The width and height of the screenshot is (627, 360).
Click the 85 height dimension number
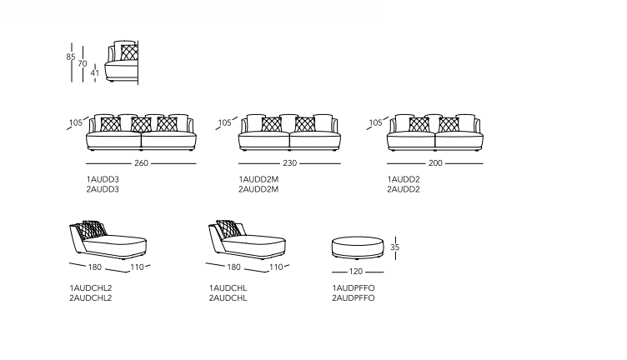(x=71, y=57)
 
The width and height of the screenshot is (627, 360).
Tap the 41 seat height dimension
(x=95, y=73)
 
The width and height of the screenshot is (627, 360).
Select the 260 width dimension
(x=141, y=163)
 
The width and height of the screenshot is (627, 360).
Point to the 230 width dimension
(x=290, y=163)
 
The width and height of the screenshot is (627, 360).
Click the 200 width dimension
(x=435, y=163)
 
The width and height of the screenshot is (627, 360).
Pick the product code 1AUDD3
(x=103, y=179)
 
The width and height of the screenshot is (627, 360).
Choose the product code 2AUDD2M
(x=258, y=189)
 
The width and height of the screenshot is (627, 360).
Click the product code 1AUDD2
(x=404, y=179)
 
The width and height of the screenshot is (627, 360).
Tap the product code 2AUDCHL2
(x=91, y=298)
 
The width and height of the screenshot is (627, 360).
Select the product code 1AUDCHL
(x=228, y=288)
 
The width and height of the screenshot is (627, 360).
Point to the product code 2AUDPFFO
(x=354, y=298)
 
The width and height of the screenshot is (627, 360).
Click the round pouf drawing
(x=358, y=247)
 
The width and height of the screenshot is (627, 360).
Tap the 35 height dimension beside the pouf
(x=395, y=247)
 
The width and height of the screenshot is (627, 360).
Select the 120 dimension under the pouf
(x=356, y=272)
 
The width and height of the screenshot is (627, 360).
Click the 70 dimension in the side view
(x=83, y=63)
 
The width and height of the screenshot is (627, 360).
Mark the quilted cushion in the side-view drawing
(x=129, y=52)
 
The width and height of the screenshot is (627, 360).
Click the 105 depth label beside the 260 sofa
(x=76, y=122)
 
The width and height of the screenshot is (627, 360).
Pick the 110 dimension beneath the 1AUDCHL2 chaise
(x=137, y=267)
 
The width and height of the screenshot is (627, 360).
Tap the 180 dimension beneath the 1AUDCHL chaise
(x=234, y=267)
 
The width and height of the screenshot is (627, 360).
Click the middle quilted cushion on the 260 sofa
(x=141, y=124)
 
